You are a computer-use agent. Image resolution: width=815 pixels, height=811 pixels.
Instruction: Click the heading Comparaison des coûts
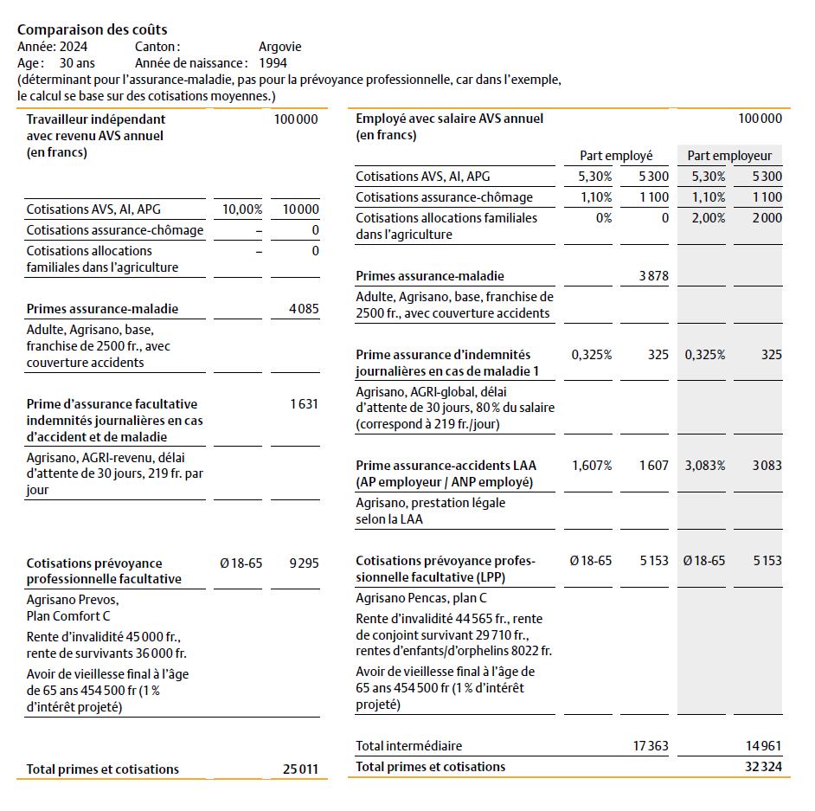click(x=93, y=29)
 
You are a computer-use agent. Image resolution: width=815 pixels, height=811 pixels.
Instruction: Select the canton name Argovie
click(x=279, y=47)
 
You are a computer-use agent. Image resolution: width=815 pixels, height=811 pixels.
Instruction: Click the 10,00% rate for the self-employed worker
click(x=242, y=209)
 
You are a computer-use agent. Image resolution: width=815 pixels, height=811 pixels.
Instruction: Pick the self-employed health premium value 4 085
click(x=303, y=309)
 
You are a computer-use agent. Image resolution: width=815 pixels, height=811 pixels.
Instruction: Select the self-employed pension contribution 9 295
click(x=303, y=563)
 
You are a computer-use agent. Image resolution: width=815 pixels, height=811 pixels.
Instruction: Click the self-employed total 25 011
click(x=300, y=769)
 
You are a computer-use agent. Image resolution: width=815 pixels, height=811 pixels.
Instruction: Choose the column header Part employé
click(x=616, y=156)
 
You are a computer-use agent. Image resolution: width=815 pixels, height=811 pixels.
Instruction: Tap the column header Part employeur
click(x=729, y=156)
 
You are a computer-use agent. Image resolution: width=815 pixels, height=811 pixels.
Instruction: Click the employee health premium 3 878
click(x=652, y=276)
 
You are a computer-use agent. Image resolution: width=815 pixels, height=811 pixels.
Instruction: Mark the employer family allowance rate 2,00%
click(x=708, y=218)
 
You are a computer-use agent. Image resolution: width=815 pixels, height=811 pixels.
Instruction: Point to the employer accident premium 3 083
click(x=766, y=466)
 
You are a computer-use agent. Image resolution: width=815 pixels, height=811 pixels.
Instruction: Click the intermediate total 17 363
click(x=651, y=745)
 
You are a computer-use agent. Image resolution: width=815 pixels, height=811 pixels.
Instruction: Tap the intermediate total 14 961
click(x=764, y=745)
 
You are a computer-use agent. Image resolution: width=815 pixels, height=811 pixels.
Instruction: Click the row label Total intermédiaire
click(x=408, y=745)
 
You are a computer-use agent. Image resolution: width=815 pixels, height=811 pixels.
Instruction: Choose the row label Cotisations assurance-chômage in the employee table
click(x=444, y=197)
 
